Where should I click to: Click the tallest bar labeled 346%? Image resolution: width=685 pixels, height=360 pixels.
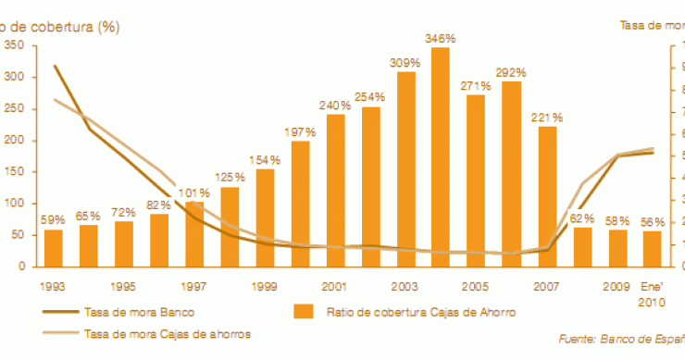(441, 157)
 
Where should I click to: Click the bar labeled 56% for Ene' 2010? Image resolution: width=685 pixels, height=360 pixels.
(653, 249)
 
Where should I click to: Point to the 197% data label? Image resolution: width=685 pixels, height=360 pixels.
(301, 133)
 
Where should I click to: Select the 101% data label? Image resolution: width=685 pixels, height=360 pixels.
(194, 192)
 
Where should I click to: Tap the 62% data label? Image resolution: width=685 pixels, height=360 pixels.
(582, 218)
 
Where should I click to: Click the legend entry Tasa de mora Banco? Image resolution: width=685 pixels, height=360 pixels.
(139, 312)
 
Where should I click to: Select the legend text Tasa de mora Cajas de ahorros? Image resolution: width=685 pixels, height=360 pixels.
(167, 332)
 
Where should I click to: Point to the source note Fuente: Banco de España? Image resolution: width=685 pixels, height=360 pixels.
(622, 340)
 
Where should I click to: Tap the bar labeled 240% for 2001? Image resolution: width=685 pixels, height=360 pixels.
(335, 190)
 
